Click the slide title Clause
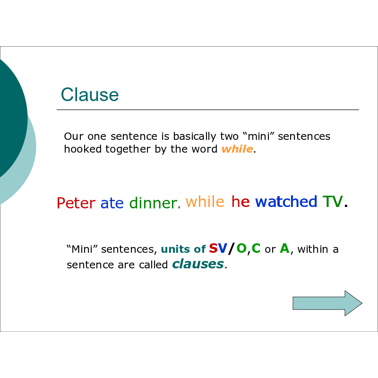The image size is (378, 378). coord(90,94)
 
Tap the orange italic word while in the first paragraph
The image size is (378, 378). coord(237,149)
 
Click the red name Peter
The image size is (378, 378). coord(76,203)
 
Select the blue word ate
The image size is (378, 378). coord(112,203)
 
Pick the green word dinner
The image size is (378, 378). coord(153,203)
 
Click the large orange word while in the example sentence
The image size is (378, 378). coord(205,201)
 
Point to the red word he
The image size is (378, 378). coord(241,201)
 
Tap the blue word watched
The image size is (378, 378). coord(286,201)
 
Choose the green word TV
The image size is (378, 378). coord(333,201)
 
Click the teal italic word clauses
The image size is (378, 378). coord(198,264)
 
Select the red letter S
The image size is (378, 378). coord(214,248)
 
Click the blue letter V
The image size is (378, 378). coord(223,248)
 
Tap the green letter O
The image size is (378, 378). coord(241,248)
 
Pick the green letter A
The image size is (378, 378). coord(284,248)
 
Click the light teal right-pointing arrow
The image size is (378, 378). coord(327,303)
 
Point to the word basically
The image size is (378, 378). coord(195,137)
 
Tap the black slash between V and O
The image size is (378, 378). coord(232,249)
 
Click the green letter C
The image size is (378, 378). coord(256,248)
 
